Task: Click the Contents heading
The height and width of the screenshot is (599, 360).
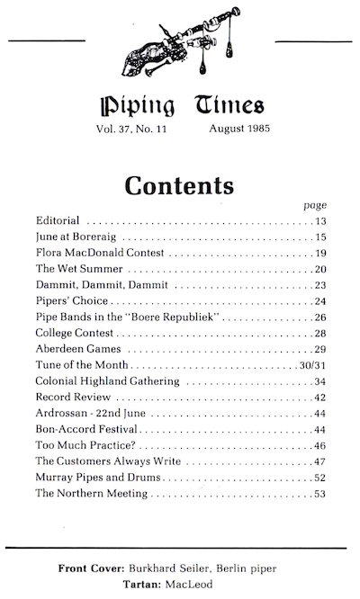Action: pyautogui.click(x=179, y=186)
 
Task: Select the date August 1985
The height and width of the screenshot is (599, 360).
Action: pyautogui.click(x=240, y=130)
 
